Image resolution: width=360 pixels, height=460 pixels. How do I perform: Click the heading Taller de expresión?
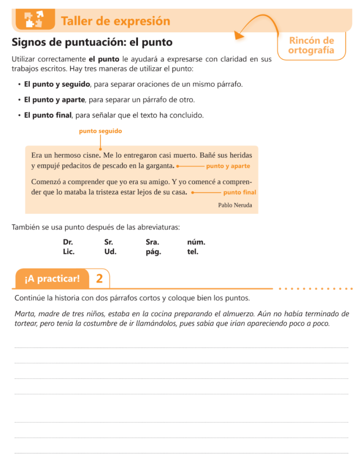click(115, 21)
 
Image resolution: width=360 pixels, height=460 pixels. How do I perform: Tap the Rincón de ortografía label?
click(311, 45)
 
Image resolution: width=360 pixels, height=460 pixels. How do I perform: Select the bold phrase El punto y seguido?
click(57, 84)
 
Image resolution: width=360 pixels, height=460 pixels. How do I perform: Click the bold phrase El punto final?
click(48, 115)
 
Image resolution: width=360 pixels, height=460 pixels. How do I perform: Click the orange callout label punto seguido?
click(100, 131)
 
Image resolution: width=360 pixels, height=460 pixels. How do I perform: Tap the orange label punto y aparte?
click(228, 166)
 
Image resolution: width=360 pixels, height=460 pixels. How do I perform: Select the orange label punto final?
click(240, 192)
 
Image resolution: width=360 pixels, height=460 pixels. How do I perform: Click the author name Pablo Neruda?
click(235, 205)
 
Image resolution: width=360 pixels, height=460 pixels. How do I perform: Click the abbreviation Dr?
click(68, 242)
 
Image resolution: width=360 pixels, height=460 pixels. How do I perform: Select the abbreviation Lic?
click(68, 252)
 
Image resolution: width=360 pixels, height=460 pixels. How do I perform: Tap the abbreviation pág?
click(153, 252)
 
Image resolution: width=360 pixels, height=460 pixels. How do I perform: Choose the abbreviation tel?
click(192, 252)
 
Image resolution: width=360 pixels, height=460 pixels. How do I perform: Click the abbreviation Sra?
click(152, 242)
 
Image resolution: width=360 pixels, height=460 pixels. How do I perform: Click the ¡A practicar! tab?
click(52, 279)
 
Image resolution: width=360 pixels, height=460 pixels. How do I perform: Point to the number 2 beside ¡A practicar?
click(99, 279)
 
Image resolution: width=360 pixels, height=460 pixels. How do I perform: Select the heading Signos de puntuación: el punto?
click(92, 43)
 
